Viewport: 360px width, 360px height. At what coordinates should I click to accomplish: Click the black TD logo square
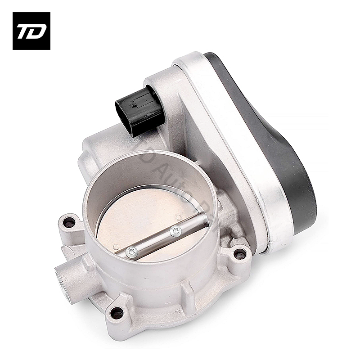click(31, 31)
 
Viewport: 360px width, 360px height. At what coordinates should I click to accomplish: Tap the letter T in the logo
click(25, 31)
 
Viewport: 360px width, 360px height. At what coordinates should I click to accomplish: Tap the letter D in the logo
click(37, 31)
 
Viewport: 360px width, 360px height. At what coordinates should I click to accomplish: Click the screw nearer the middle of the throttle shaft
click(176, 232)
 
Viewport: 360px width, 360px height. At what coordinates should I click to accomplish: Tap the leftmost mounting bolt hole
click(69, 222)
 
